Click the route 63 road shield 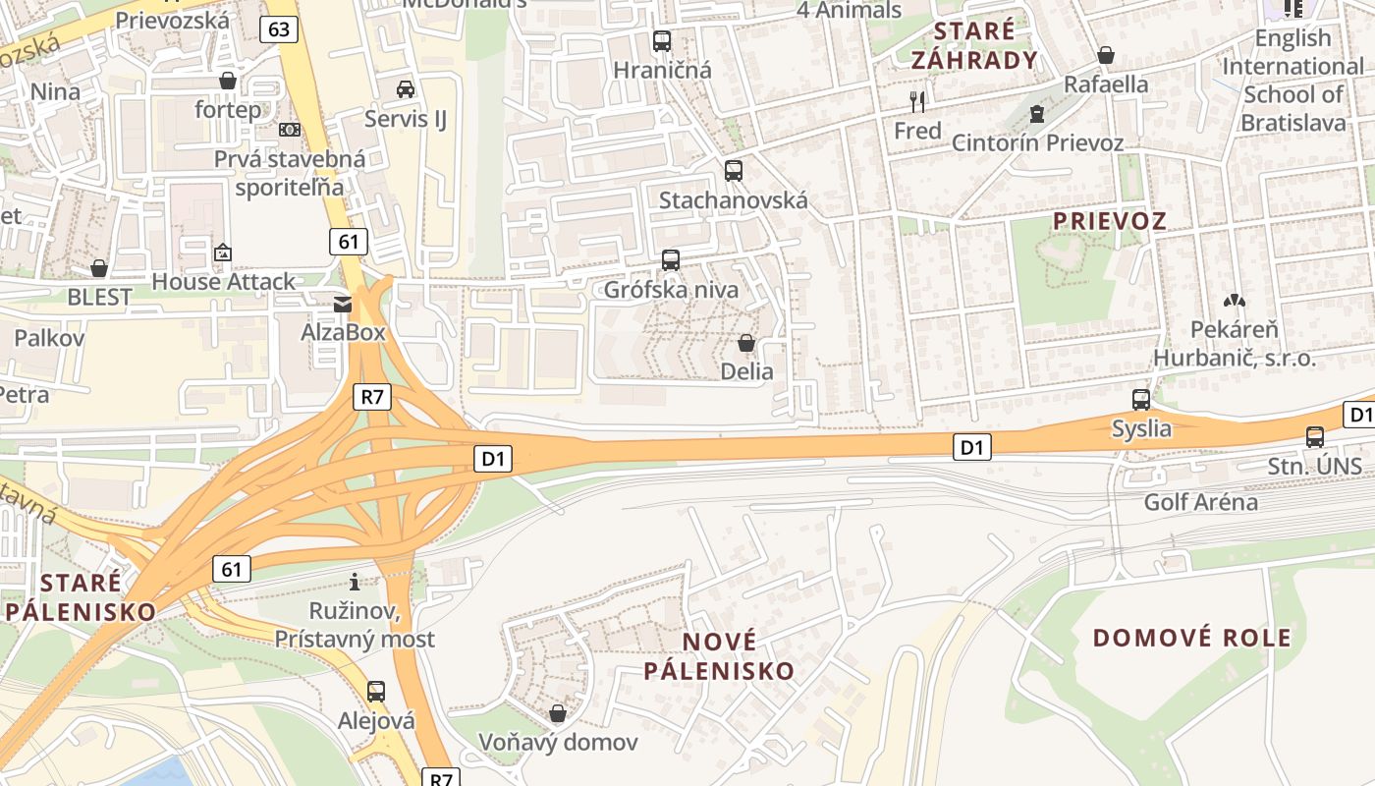pyautogui.click(x=279, y=29)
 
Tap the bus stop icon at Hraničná pyautogui.click(x=662, y=41)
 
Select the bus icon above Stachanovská pyautogui.click(x=734, y=170)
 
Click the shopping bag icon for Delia pyautogui.click(x=746, y=343)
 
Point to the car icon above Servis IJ pyautogui.click(x=405, y=89)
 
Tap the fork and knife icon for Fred pyautogui.click(x=918, y=101)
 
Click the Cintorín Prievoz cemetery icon pyautogui.click(x=1036, y=114)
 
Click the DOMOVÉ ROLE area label pyautogui.click(x=1192, y=638)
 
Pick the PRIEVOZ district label pyautogui.click(x=1110, y=221)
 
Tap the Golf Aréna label pyautogui.click(x=1200, y=502)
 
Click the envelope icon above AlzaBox pyautogui.click(x=343, y=304)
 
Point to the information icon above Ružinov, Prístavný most pyautogui.click(x=355, y=582)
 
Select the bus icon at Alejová pyautogui.click(x=376, y=691)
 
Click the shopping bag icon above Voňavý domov pyautogui.click(x=558, y=712)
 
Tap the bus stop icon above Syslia pyautogui.click(x=1141, y=400)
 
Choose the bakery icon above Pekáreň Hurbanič pyautogui.click(x=1234, y=301)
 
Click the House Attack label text pyautogui.click(x=223, y=282)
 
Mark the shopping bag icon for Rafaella pyautogui.click(x=1106, y=55)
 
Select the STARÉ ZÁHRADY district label pyautogui.click(x=974, y=45)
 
